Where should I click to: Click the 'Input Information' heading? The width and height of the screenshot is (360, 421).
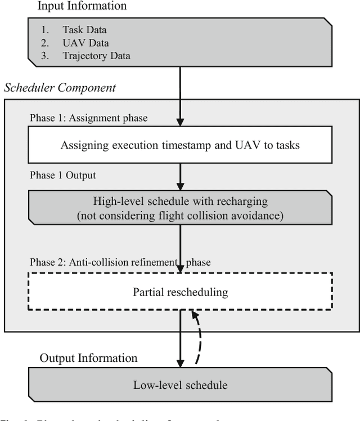coord(82,7)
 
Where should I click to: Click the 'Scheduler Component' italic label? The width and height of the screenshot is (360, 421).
coord(60,88)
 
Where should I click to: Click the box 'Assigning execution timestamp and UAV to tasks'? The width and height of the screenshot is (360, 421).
coord(180,145)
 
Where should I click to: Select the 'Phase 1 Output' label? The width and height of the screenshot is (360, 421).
coord(63,175)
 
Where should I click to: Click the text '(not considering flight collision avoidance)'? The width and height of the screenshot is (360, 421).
coord(180,215)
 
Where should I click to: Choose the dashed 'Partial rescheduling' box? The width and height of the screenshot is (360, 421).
coord(180,292)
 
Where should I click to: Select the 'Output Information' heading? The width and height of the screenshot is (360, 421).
coord(88,358)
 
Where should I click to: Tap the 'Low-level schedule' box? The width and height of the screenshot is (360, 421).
coord(180,386)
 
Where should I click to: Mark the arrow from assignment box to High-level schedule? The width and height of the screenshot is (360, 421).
coord(180,176)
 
